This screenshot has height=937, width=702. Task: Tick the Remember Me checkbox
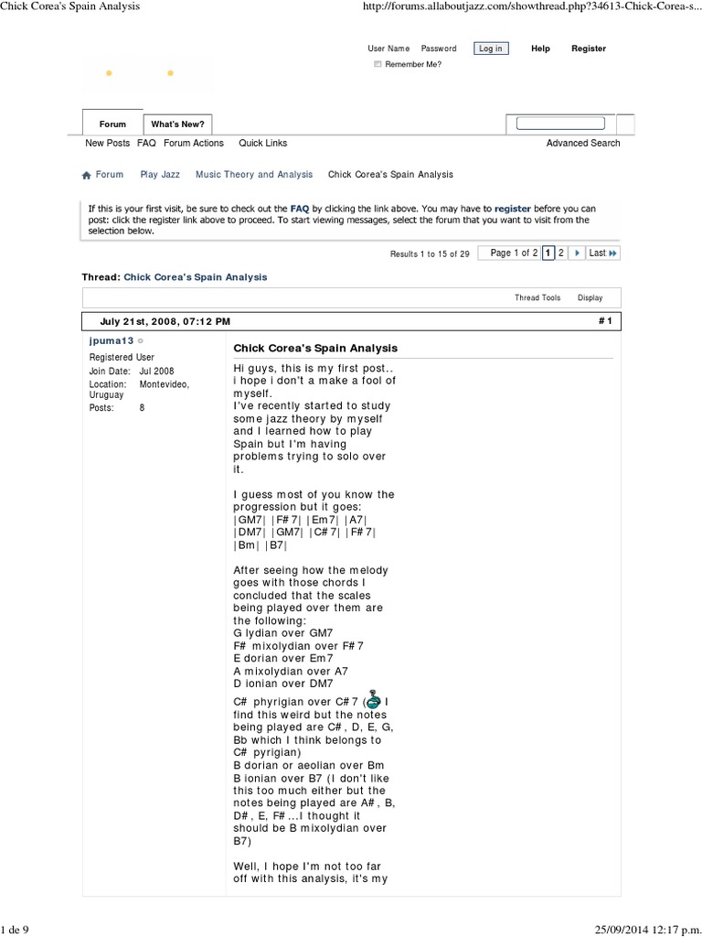coord(378,65)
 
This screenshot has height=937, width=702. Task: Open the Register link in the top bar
coord(588,48)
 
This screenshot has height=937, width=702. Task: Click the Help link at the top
coord(540,48)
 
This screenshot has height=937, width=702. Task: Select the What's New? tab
coord(177,124)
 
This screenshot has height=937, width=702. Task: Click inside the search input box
coord(559,124)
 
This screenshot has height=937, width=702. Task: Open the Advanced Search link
coord(582,144)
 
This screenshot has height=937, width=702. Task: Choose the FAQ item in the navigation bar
coord(146,144)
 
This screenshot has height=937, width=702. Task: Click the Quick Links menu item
coord(262,144)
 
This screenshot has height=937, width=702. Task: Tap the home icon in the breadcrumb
coord(87,175)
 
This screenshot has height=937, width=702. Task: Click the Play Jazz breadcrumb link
coord(160,175)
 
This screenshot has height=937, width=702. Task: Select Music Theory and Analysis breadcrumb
coord(254,175)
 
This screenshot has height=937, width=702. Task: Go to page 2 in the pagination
coord(561,253)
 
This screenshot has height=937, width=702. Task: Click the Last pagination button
coord(602,253)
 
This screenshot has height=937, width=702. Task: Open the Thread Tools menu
coord(537,298)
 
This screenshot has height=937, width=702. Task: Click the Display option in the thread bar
coord(590,298)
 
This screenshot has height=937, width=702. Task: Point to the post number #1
coord(604,322)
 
